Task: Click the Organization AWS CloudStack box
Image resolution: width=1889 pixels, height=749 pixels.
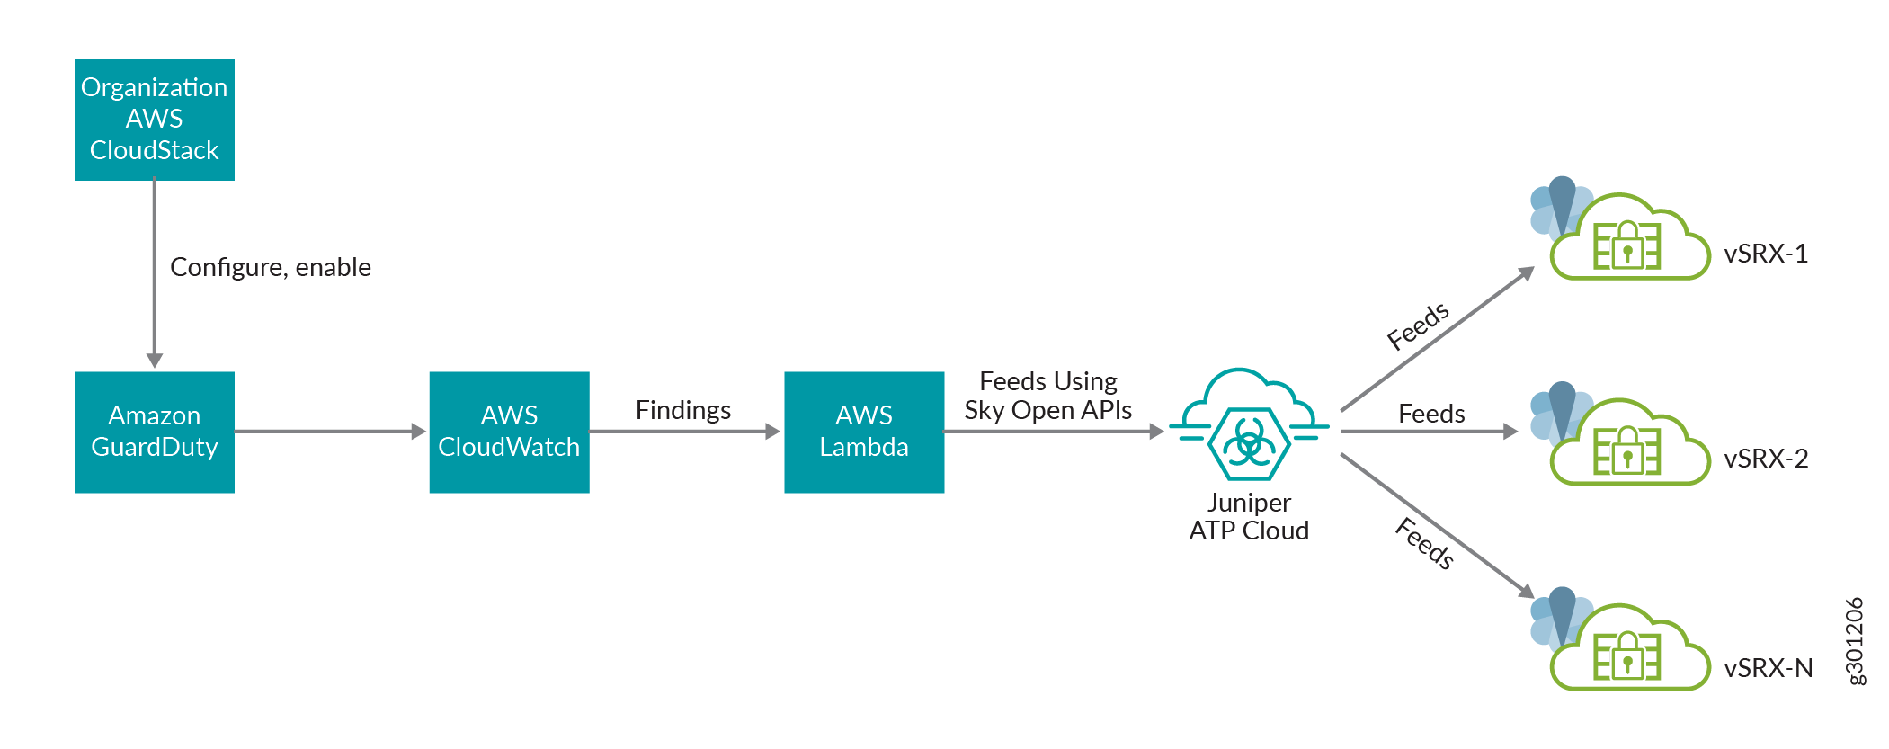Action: tap(154, 120)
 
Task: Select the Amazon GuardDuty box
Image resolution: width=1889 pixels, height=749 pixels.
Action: tap(154, 432)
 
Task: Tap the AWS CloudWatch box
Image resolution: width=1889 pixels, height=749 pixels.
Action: tap(509, 432)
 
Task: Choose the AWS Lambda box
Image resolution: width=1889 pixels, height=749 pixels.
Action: tap(863, 432)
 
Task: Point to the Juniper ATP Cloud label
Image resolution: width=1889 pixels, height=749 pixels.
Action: tap(1249, 517)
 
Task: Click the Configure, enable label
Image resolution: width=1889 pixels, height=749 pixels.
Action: tap(270, 267)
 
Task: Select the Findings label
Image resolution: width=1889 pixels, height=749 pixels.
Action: tap(682, 410)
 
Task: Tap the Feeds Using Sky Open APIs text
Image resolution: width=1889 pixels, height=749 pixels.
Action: tap(1047, 396)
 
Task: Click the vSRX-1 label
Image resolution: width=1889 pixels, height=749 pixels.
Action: tap(1765, 254)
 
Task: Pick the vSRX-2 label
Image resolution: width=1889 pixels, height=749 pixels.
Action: tap(1765, 459)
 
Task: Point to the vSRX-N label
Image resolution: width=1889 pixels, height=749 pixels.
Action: tap(1768, 668)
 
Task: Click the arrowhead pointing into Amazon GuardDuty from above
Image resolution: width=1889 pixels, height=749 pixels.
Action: tap(155, 360)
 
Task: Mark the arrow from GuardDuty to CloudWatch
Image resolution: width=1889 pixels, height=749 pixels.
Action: tap(329, 432)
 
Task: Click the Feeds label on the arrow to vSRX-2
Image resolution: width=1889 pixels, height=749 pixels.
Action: tap(1431, 414)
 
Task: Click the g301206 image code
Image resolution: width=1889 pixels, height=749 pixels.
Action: tap(1854, 641)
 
